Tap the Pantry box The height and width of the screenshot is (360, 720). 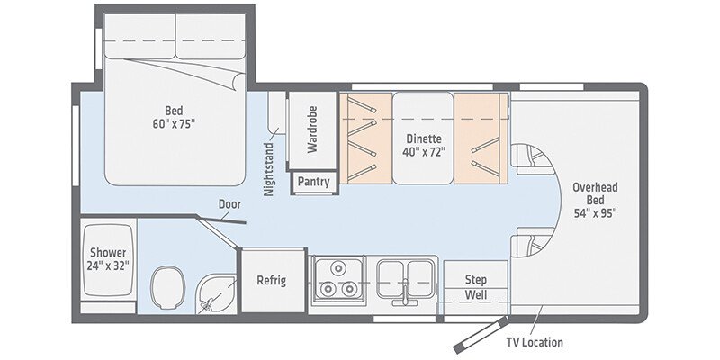[x=313, y=182]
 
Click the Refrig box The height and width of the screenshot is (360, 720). [x=271, y=280]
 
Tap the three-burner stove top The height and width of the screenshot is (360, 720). [x=336, y=280]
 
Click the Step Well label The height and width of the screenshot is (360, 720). [x=475, y=287]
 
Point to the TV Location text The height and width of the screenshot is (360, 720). [x=535, y=342]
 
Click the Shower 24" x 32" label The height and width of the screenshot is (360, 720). [x=108, y=259]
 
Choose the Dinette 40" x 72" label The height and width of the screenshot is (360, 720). [x=423, y=145]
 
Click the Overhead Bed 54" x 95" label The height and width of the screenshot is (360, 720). [x=595, y=202]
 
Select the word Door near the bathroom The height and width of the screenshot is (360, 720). [x=229, y=203]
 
